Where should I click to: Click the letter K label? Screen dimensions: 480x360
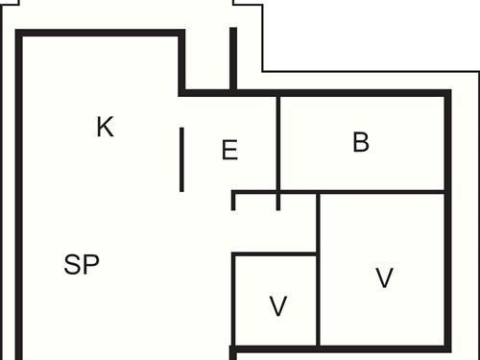106,127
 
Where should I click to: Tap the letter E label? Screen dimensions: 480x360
229,151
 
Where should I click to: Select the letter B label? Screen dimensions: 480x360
361,143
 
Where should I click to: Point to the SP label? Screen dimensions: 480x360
82,265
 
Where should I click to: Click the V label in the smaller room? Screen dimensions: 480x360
278,307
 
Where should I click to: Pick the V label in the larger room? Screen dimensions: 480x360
384,278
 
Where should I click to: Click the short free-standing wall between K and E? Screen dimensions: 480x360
182,159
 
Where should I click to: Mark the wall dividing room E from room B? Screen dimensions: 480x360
277,144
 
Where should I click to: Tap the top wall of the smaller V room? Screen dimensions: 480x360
276,254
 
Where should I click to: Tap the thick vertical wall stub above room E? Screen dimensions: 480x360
232,58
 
